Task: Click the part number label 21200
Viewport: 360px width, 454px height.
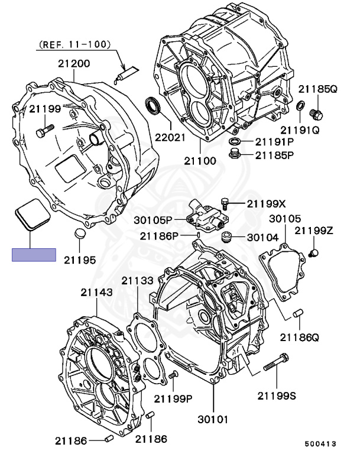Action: [74, 64]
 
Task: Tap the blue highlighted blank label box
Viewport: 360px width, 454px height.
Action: [34, 255]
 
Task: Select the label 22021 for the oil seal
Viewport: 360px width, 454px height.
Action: [170, 137]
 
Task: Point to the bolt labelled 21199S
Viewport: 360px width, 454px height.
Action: [276, 362]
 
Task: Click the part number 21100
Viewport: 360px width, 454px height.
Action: [200, 161]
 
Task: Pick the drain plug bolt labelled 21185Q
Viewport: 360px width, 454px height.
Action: [317, 113]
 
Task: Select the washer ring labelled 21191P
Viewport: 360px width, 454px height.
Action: [233, 142]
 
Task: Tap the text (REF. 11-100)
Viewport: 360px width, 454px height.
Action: [74, 44]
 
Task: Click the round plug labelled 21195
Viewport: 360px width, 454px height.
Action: [79, 233]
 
